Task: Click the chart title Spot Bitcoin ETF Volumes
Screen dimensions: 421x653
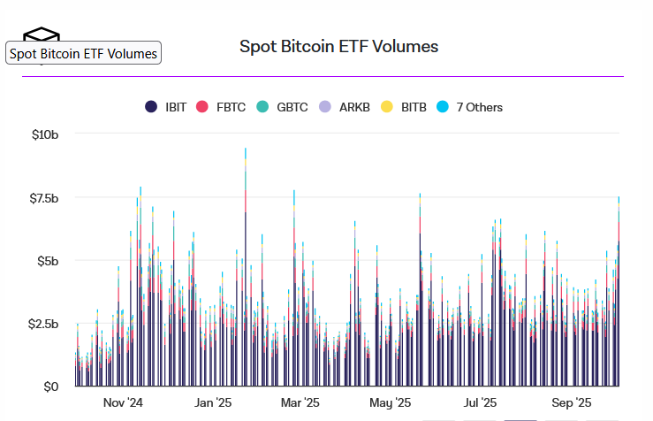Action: (338, 46)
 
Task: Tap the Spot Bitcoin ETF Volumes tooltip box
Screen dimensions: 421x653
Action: (83, 54)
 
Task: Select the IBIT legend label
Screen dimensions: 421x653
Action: (176, 107)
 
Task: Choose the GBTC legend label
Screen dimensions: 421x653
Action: (292, 107)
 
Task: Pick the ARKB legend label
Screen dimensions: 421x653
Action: (354, 107)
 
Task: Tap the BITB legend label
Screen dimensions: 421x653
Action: (414, 107)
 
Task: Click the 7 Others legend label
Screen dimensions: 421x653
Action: (479, 107)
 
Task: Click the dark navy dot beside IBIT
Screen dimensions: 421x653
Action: (151, 107)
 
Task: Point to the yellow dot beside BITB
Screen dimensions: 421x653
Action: (387, 107)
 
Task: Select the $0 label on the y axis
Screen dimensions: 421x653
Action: (52, 387)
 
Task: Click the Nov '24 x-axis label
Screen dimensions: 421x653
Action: (123, 403)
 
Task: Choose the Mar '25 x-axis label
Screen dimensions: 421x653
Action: (300, 403)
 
